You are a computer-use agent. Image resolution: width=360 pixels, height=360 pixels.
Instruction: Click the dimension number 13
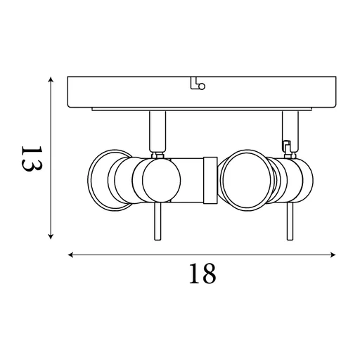(32, 160)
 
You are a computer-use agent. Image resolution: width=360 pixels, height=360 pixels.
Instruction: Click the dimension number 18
(202, 274)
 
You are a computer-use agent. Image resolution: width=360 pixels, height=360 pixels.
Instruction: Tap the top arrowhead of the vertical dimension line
(51, 80)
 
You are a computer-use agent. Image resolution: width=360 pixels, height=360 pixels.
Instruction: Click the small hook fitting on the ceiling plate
(198, 85)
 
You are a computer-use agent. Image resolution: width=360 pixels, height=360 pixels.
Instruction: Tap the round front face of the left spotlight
(157, 181)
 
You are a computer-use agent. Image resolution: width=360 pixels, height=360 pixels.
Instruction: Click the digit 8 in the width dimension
(208, 274)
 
